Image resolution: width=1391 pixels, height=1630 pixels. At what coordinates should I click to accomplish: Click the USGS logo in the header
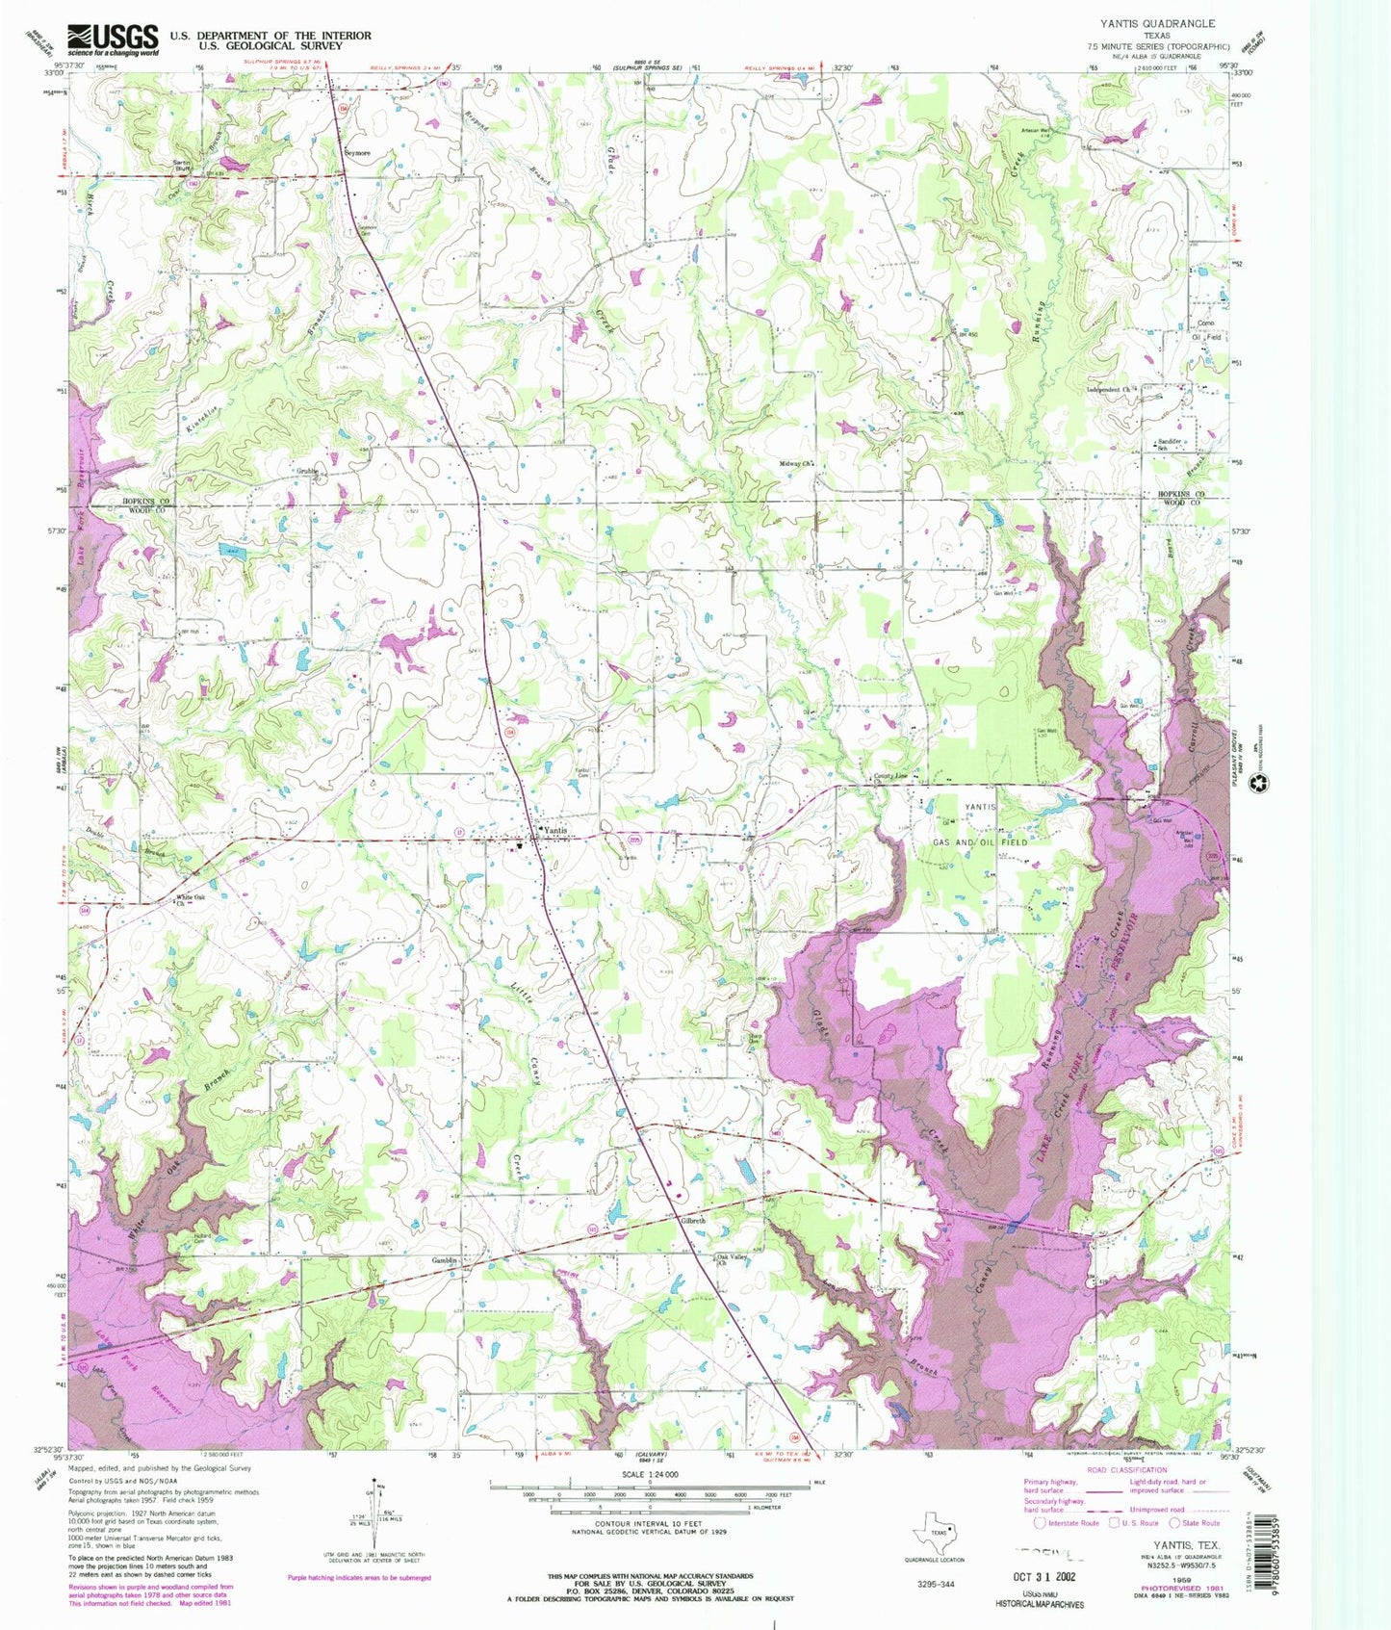pyautogui.click(x=113, y=39)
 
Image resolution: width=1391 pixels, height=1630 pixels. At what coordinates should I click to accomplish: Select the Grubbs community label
pyautogui.click(x=307, y=472)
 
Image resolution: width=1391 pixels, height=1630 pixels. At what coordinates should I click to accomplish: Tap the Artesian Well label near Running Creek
pyautogui.click(x=1035, y=131)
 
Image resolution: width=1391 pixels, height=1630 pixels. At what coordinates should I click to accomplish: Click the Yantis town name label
pyautogui.click(x=554, y=829)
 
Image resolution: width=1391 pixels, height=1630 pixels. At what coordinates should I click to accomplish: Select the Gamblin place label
pyautogui.click(x=443, y=1260)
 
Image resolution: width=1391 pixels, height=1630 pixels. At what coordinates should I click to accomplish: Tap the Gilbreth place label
pyautogui.click(x=693, y=1220)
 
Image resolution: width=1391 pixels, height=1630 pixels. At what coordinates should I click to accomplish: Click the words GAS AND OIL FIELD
pyautogui.click(x=980, y=841)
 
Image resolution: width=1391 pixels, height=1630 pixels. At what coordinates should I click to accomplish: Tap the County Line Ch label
pyautogui.click(x=889, y=777)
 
